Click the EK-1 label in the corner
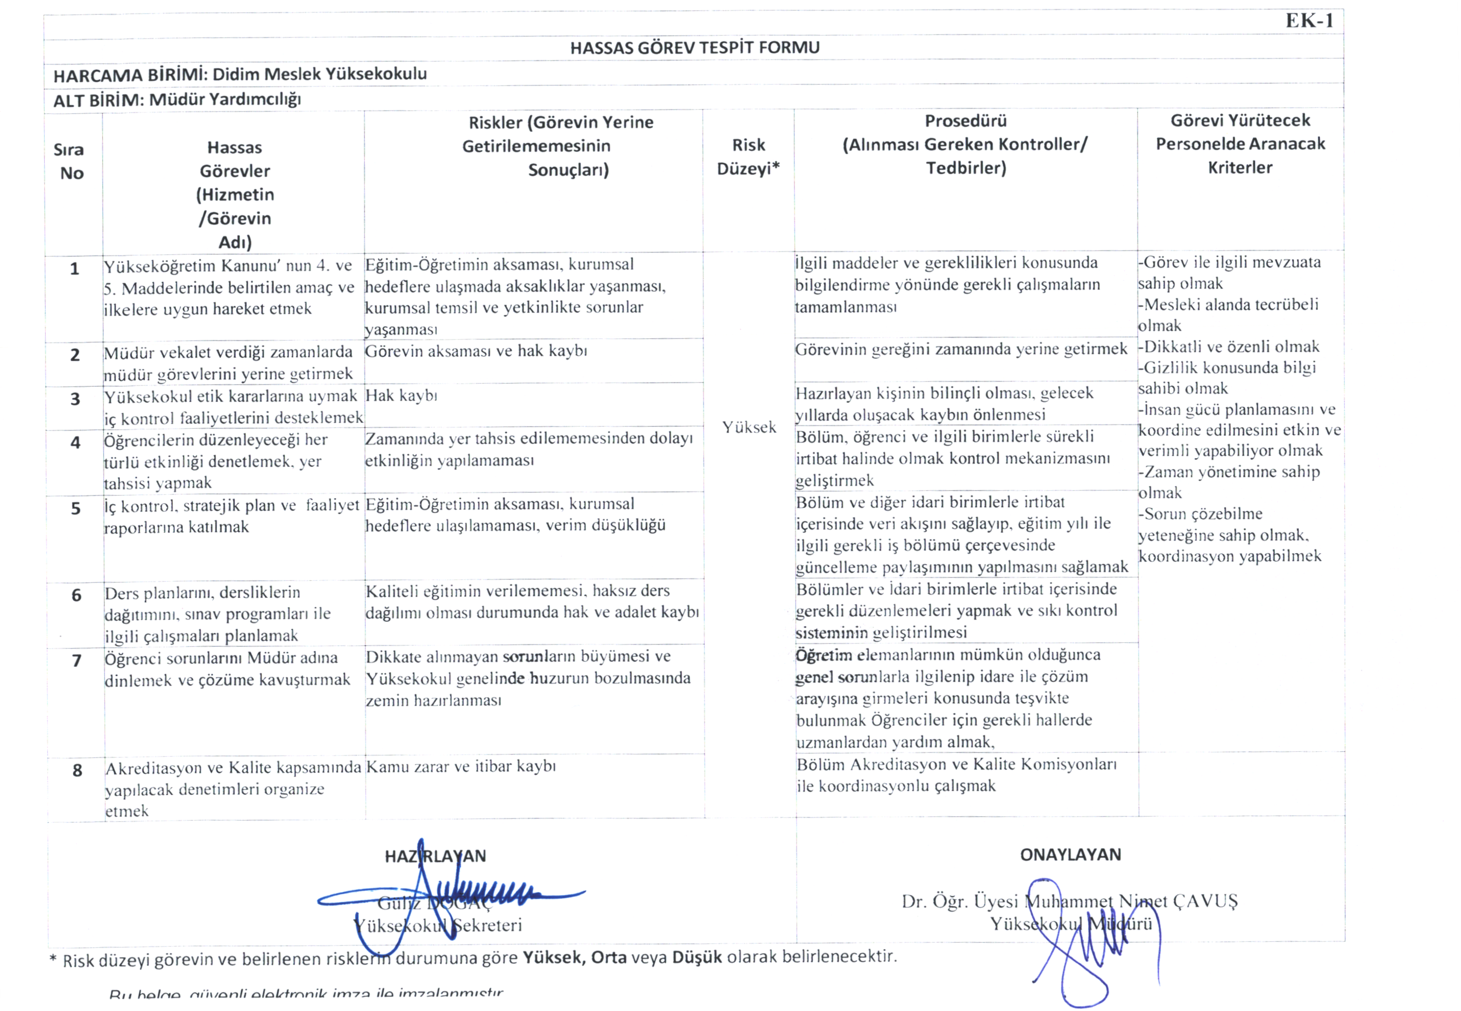pyautogui.click(x=1310, y=21)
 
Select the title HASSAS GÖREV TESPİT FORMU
pyautogui.click(x=695, y=48)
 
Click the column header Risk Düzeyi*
pyautogui.click(x=748, y=156)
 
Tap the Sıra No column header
pyautogui.click(x=70, y=161)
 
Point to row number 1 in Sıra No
pyautogui.click(x=74, y=269)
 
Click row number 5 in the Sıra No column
pyautogui.click(x=75, y=508)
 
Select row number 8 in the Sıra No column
pyautogui.click(x=77, y=770)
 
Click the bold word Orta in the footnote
pyautogui.click(x=609, y=957)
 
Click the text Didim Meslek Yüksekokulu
pyautogui.click(x=320, y=74)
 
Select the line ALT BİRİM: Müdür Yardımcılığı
pyautogui.click(x=177, y=100)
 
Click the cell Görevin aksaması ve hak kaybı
pyautogui.click(x=476, y=351)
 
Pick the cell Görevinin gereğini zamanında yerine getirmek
pyautogui.click(x=961, y=349)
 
